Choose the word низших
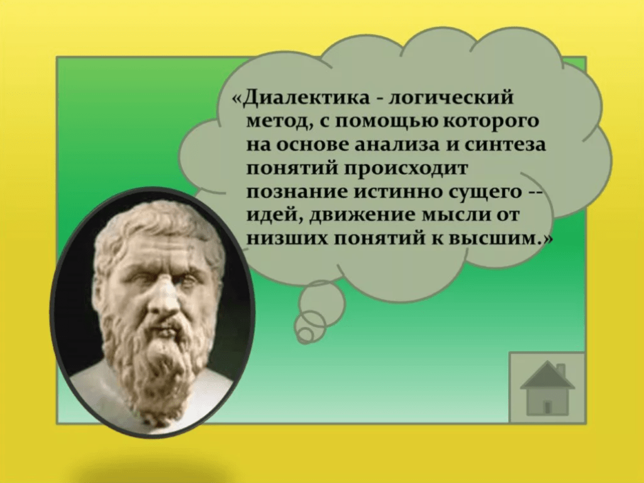tap(287, 239)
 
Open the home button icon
tap(547, 387)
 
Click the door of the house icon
tap(547, 407)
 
